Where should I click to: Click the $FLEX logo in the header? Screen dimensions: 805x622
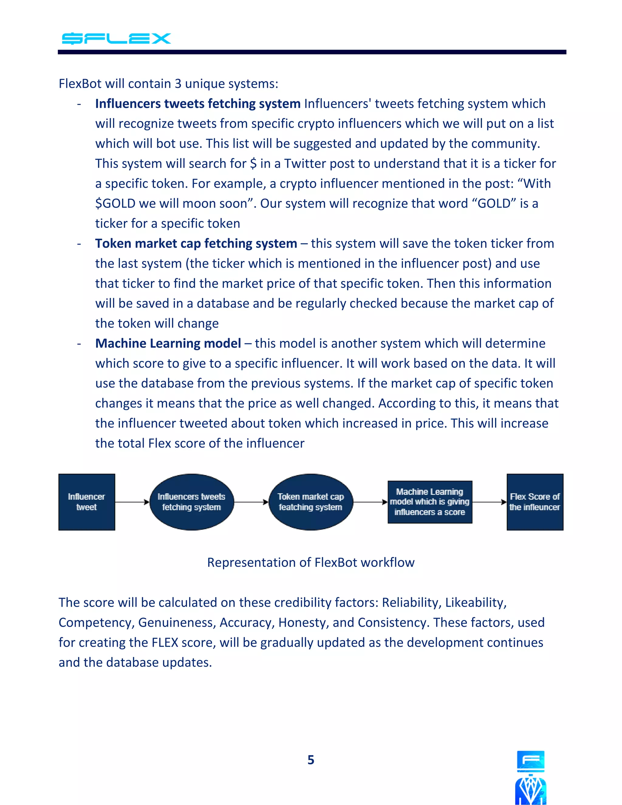point(116,38)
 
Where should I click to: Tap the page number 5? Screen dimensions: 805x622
point(311,760)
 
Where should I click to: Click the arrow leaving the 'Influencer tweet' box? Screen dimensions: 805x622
point(132,502)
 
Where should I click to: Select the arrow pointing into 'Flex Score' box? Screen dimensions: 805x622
point(489,502)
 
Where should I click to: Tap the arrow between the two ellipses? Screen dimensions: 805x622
point(251,502)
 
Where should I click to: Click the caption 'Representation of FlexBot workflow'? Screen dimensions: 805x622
point(311,563)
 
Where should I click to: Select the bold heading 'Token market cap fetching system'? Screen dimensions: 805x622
point(196,243)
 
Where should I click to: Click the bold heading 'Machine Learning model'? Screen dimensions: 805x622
point(168,343)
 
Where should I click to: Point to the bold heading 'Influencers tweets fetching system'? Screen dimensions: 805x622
point(198,104)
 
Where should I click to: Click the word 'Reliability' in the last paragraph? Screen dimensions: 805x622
point(411,602)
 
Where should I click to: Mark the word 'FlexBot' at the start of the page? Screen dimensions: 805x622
point(80,84)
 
